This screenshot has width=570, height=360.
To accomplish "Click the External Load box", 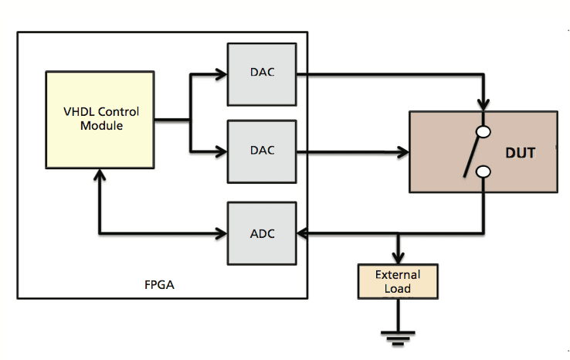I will [398, 282].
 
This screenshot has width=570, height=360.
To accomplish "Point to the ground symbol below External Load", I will [398, 334].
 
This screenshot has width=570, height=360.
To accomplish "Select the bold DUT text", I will [520, 153].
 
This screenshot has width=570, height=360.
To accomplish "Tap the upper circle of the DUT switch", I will [483, 132].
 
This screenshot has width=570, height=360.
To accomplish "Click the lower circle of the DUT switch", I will [483, 172].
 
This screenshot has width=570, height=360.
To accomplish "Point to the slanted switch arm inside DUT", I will [470, 157].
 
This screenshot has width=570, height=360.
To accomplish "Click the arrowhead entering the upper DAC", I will [222, 75].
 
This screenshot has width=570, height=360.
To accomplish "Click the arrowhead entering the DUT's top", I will [483, 105].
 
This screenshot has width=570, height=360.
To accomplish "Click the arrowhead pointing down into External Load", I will [398, 258].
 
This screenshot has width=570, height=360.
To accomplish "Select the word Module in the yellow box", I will [101, 125].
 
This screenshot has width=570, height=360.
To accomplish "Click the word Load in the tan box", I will [398, 289].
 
